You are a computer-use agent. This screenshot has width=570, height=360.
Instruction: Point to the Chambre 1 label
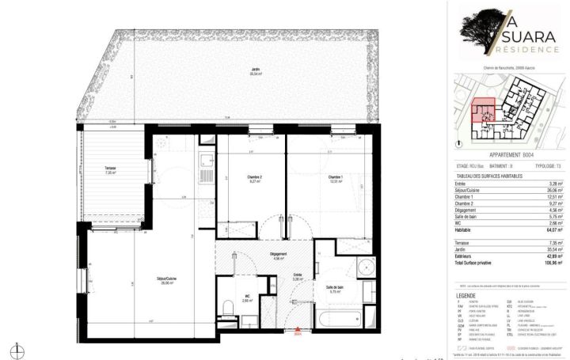coord(335,179)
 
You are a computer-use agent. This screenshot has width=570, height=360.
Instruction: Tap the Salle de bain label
coord(334,290)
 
